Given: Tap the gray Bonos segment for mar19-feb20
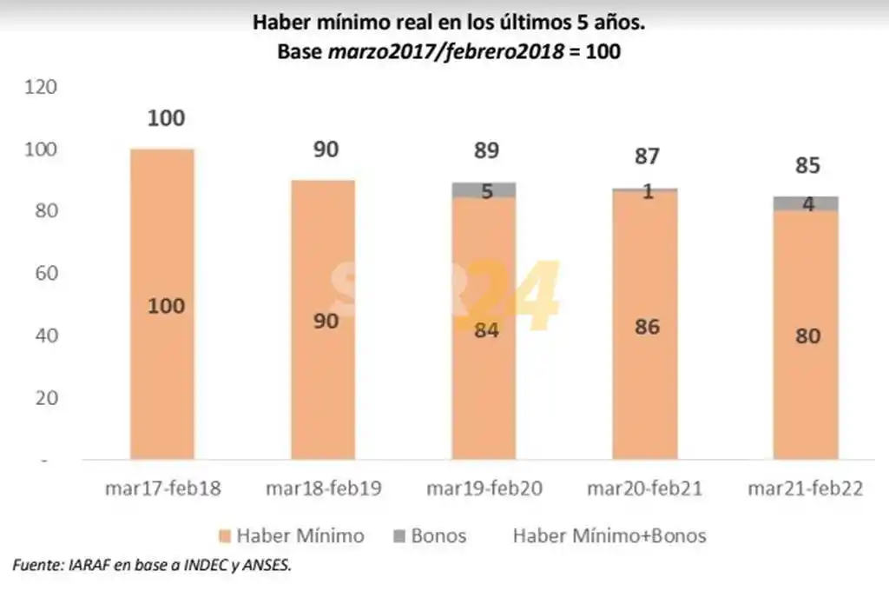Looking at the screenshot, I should [484, 190].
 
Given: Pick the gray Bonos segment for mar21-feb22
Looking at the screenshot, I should [807, 203].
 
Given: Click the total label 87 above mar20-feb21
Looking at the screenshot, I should [646, 156].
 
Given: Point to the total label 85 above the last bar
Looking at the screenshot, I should [807, 166].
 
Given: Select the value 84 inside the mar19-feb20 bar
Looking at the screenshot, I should [484, 330].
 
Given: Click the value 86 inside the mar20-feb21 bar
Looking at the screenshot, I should [646, 327].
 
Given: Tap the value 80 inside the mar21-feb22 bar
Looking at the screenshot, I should [807, 335].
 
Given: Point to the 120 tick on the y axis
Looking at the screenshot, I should [41, 87].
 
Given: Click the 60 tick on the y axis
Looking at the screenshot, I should [45, 273].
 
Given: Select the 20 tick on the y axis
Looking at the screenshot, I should [45, 397].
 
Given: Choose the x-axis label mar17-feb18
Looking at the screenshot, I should [162, 489].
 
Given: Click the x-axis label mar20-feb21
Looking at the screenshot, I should [646, 489].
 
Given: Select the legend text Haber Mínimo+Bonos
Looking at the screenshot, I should [609, 535].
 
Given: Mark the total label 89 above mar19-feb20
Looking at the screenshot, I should [484, 150].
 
